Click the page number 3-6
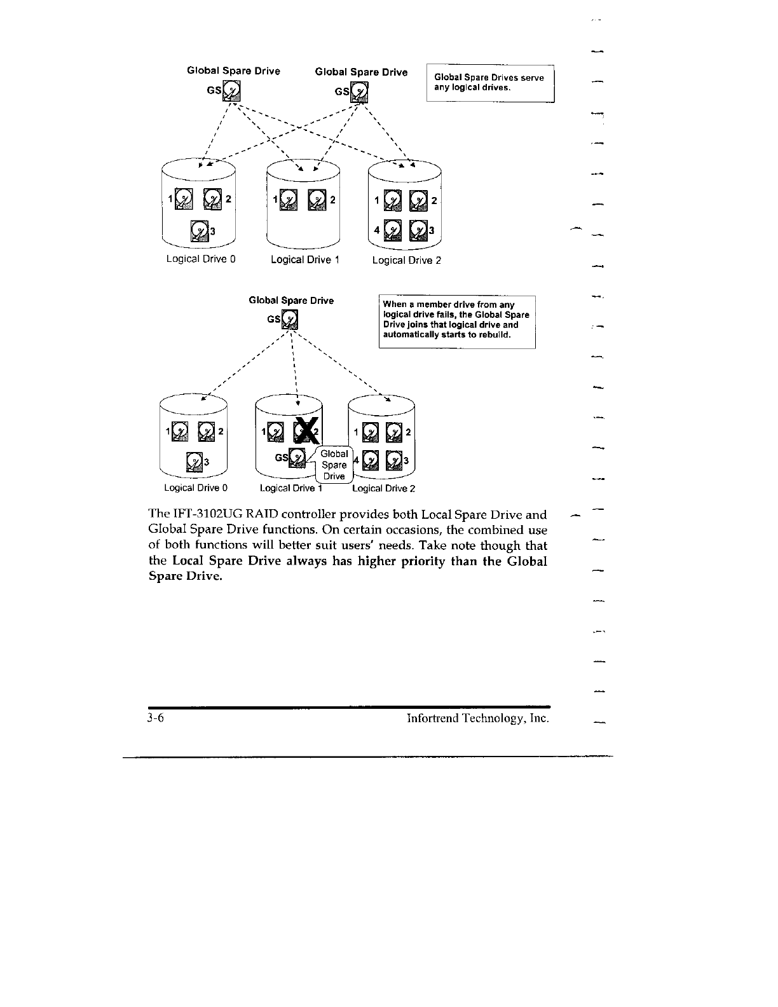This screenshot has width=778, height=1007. [x=156, y=719]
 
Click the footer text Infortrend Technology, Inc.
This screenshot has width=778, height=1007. [x=477, y=719]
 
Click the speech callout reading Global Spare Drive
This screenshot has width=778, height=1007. [x=334, y=465]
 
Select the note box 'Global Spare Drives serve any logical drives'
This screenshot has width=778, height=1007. [x=491, y=83]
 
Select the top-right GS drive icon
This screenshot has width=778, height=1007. [x=360, y=93]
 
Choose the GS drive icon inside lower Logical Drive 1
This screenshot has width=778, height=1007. [x=297, y=458]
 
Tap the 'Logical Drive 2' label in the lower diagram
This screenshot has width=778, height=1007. [x=383, y=489]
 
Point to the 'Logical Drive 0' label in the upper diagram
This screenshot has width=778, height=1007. [x=201, y=259]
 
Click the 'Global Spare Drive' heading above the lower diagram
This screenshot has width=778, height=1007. [x=291, y=300]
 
